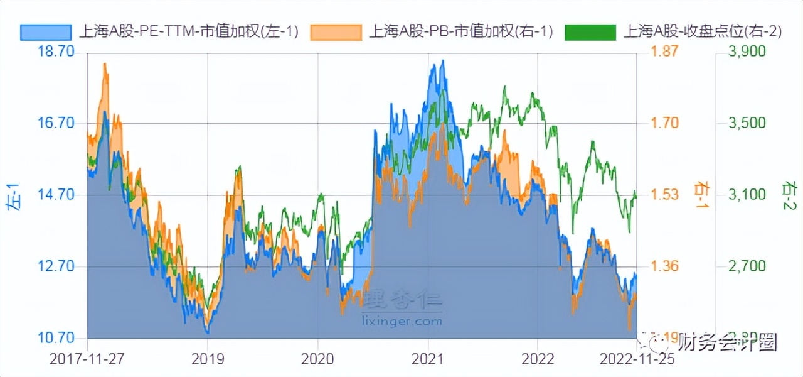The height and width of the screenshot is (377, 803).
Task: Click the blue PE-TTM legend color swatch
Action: [x=46, y=32]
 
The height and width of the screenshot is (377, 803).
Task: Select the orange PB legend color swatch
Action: [x=336, y=32]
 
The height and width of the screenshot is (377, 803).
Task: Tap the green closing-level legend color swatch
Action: [x=590, y=32]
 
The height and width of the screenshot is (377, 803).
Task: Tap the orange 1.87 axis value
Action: [x=666, y=52]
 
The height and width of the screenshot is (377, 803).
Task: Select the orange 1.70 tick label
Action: [x=666, y=123]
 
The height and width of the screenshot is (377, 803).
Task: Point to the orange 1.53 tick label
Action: [x=666, y=195]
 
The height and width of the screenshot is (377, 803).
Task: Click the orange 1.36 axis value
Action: [x=666, y=266]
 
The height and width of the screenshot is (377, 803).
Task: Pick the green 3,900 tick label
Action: [x=747, y=52]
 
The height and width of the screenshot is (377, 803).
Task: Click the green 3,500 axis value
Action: [x=747, y=123]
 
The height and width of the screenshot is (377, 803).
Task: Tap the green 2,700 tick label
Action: [x=747, y=266]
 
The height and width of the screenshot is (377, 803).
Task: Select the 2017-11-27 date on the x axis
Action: [x=87, y=359]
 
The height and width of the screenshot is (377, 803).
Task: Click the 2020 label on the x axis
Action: [x=317, y=359]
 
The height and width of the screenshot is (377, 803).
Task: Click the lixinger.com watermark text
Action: [x=402, y=321]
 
